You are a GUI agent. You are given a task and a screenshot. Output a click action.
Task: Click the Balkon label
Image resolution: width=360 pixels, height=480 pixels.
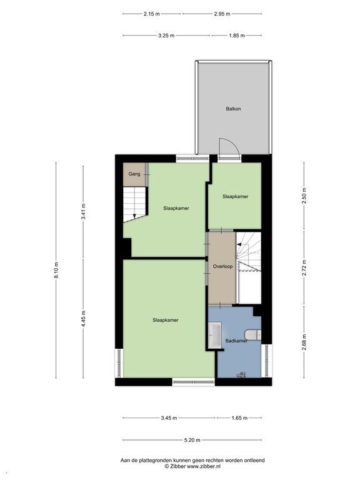[233, 109]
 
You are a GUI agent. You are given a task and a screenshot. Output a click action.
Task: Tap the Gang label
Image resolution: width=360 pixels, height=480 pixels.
[134, 174]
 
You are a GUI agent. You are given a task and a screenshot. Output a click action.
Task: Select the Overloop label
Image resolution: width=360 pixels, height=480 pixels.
[222, 266]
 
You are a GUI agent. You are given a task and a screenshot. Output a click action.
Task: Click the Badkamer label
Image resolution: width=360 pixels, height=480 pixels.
[236, 341]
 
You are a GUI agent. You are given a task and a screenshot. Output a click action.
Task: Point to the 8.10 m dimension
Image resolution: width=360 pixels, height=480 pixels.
[56, 270]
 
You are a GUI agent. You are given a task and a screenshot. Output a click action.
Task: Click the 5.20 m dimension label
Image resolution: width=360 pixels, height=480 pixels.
[192, 440]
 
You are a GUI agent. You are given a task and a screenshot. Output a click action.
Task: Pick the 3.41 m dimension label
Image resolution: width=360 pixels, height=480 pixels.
[83, 211]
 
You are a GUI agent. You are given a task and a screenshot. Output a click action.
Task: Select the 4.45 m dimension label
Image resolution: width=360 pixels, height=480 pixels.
[83, 318]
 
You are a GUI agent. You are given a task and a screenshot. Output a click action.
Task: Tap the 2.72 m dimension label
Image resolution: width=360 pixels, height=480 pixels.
[304, 268]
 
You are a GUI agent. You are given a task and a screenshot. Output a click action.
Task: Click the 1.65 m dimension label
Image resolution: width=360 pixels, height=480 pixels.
[239, 418]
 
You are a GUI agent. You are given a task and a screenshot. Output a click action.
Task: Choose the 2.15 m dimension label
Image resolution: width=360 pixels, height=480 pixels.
[151, 14]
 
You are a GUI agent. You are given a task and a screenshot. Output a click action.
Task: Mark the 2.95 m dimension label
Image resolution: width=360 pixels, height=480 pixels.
[222, 14]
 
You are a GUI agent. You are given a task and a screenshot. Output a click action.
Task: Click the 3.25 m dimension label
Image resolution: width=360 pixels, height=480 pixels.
[166, 36]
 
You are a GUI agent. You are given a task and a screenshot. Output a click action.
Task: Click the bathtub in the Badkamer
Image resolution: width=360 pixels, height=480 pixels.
[215, 334]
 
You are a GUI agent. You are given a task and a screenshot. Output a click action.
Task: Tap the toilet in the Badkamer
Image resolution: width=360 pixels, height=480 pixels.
[253, 334]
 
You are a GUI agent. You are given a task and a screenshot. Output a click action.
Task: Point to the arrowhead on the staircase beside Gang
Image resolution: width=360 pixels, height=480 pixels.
[134, 216]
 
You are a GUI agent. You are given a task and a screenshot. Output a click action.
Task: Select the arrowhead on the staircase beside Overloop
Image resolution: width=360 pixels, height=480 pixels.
[239, 244]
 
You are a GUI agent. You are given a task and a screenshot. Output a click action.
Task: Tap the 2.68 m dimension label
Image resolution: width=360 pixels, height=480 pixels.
[304, 342]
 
